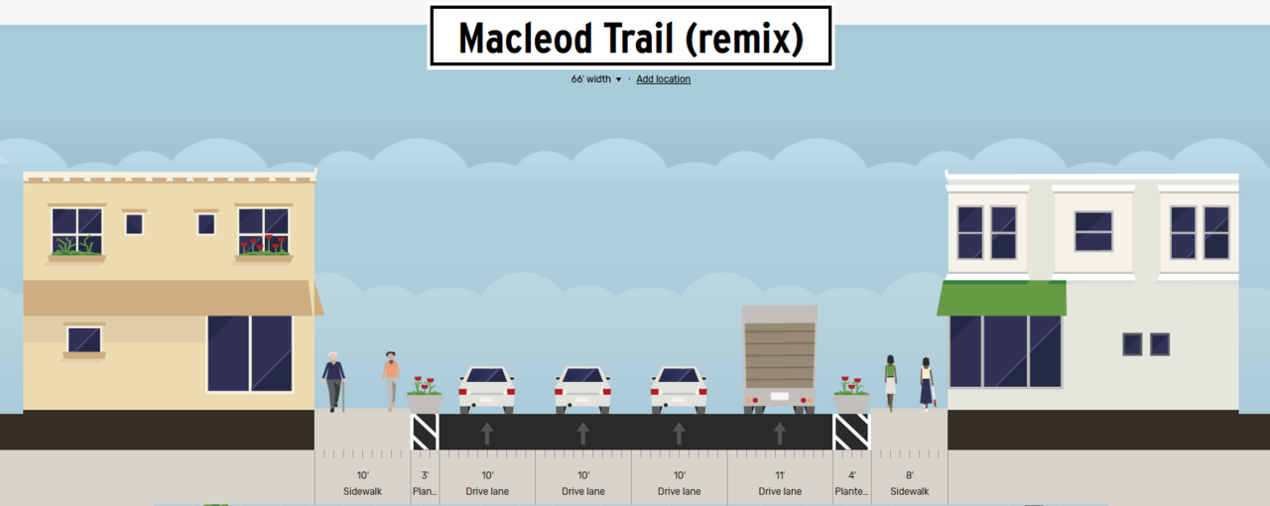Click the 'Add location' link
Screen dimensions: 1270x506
point(663,79)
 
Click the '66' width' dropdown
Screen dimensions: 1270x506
point(596,79)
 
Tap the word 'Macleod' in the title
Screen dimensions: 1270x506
point(526,39)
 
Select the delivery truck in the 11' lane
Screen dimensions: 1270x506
point(780,359)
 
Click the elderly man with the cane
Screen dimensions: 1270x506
point(334,381)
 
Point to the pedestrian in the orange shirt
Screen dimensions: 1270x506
point(391,381)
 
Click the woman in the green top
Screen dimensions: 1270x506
point(890,383)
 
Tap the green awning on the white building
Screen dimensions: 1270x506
point(1001,299)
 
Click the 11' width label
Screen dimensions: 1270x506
point(780,475)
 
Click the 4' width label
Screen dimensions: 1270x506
point(851,475)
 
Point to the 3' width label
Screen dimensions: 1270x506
point(425,475)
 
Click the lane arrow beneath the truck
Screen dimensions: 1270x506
point(780,434)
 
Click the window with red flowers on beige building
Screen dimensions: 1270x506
point(264,231)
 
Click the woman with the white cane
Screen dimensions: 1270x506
point(927,384)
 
